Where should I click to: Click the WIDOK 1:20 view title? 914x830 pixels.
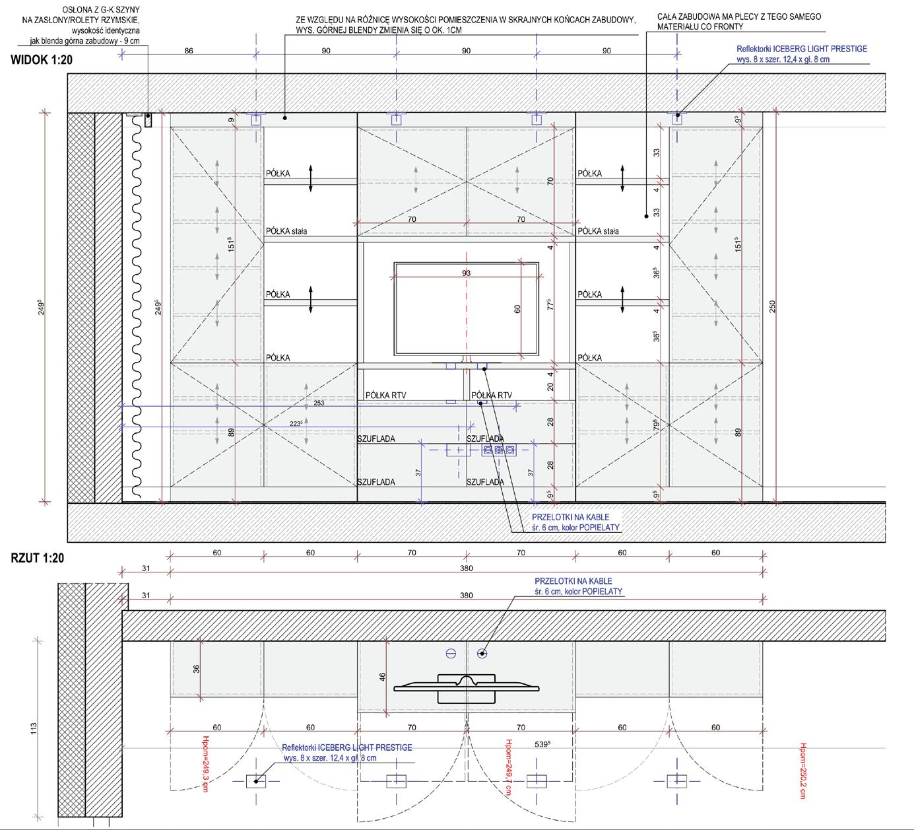point(42,60)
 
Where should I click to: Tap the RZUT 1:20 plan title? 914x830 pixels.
point(38,558)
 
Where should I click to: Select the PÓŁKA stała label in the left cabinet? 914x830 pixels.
point(286,231)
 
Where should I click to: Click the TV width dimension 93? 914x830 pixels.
point(467,273)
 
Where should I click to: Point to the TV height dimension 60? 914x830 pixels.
point(517,308)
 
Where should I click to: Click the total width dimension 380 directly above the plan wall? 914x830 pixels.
point(467,596)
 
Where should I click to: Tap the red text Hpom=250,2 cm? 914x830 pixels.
point(803,771)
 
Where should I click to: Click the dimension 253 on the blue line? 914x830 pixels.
point(319,403)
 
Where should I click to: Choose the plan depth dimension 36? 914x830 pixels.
point(196,668)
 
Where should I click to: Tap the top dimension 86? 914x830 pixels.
point(189,51)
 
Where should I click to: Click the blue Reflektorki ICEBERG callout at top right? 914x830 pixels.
point(802,53)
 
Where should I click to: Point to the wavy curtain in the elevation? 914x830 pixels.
point(137,304)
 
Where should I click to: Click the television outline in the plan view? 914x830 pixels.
point(467,688)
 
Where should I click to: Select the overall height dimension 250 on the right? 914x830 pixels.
point(773,306)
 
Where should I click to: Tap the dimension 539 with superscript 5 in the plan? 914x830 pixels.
point(542,744)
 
